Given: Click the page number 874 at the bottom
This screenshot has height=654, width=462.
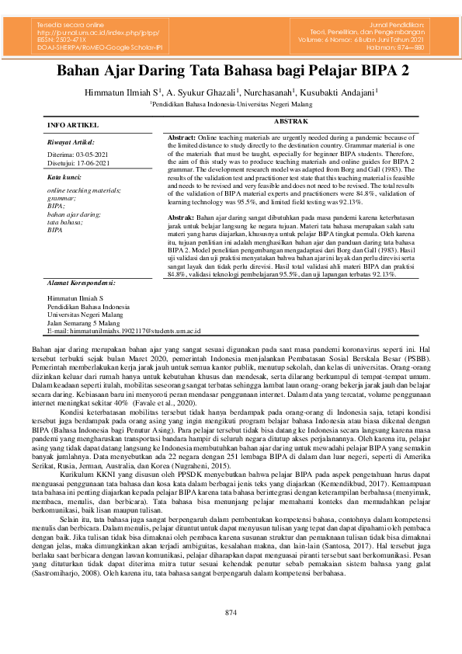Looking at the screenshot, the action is coord(231,613).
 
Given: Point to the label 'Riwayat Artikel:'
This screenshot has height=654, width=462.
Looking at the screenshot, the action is coord(71,143).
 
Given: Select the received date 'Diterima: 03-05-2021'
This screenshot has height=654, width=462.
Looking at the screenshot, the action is coord(78,155).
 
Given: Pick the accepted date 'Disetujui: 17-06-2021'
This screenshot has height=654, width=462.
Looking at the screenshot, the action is coord(78,163).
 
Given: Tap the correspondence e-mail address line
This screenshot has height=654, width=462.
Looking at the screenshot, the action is coord(123,310).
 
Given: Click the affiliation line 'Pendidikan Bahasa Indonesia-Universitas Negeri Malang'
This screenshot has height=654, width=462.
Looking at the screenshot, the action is coord(231,103).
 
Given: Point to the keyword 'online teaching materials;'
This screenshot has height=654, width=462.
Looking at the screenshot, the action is coord(83,190).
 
